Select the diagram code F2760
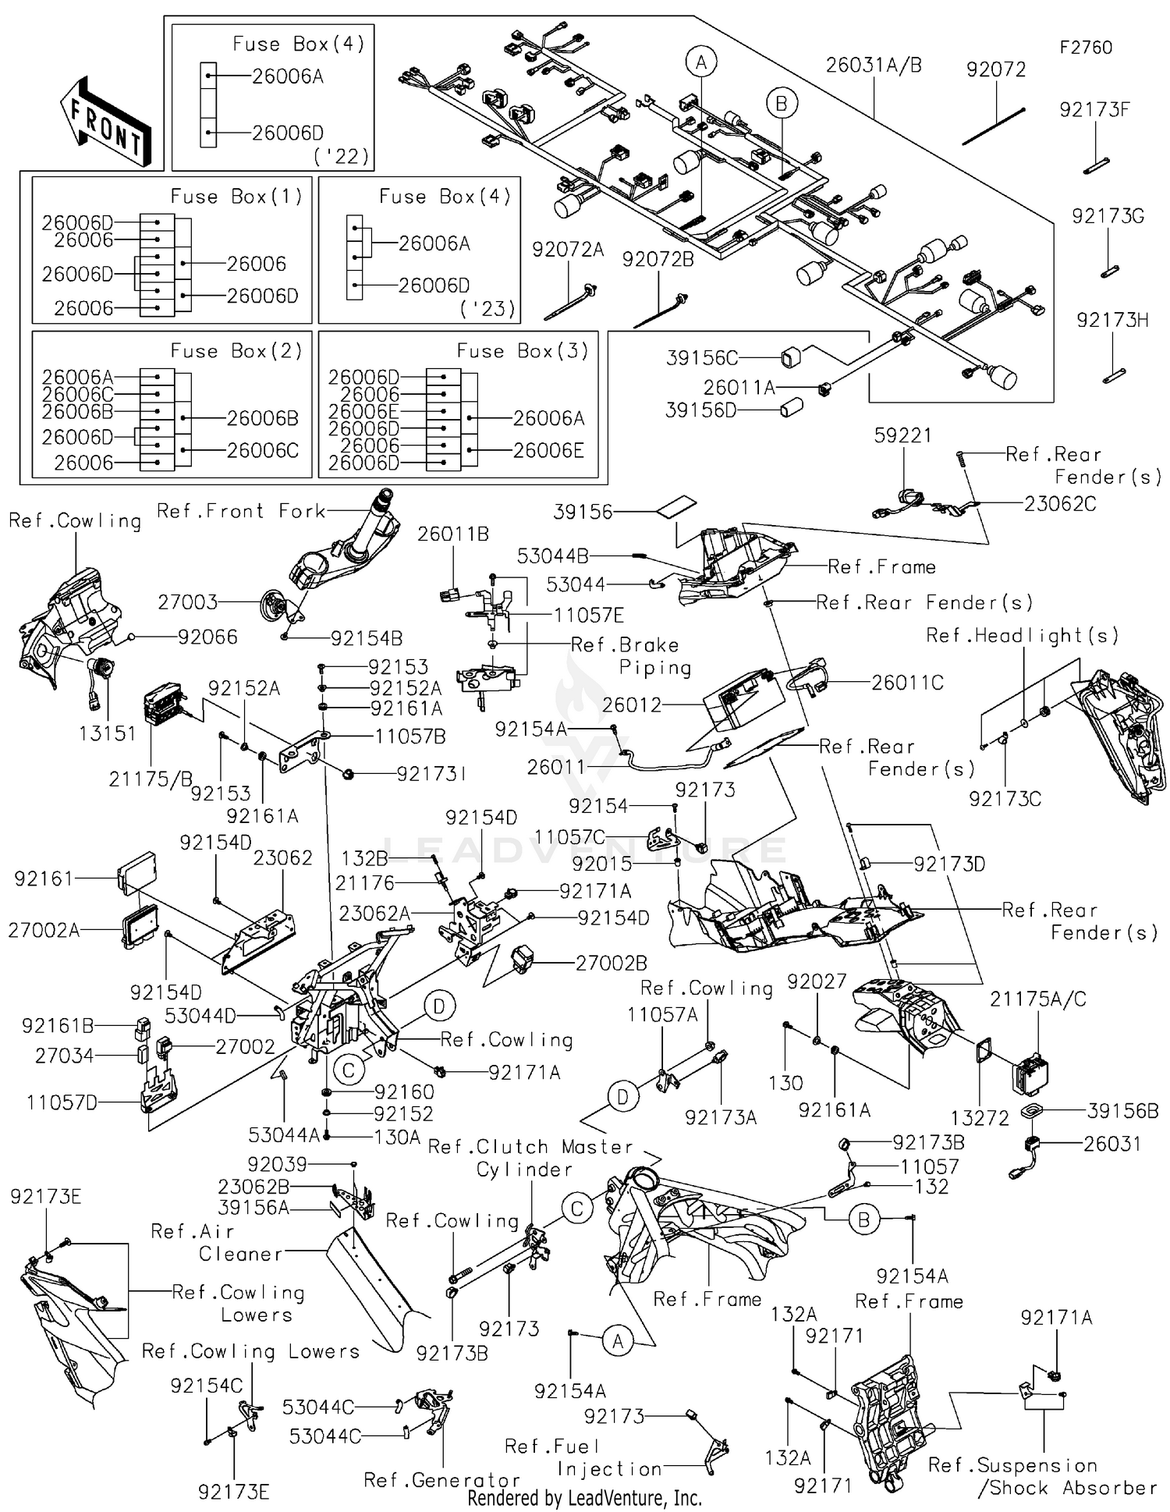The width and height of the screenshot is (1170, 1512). [x=1085, y=48]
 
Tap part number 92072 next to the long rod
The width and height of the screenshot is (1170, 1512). [x=996, y=69]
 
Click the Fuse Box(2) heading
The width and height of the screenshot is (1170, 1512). [x=236, y=351]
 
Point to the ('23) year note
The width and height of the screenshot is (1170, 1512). [x=488, y=309]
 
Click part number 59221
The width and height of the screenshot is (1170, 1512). [x=902, y=435]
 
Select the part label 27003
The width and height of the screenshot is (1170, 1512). [x=188, y=602]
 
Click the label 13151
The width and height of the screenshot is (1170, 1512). [x=107, y=733]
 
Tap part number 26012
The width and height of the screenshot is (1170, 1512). [x=631, y=705]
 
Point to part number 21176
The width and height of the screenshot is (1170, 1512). [x=364, y=883]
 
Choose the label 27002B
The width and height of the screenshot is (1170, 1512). [x=612, y=964]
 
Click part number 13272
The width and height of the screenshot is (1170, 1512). [x=980, y=1118]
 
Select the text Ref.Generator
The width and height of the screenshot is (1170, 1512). [x=442, y=1480]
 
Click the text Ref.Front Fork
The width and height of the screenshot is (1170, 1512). [x=241, y=511]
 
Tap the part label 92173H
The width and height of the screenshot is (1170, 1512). [x=1112, y=320]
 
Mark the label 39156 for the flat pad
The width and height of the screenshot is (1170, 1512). [x=583, y=512]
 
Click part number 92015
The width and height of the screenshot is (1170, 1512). [x=601, y=864]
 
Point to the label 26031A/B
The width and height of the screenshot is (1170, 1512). [x=874, y=66]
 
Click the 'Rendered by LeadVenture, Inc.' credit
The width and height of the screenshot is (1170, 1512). [x=584, y=1498]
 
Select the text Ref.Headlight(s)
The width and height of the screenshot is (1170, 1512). [x=1022, y=636]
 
